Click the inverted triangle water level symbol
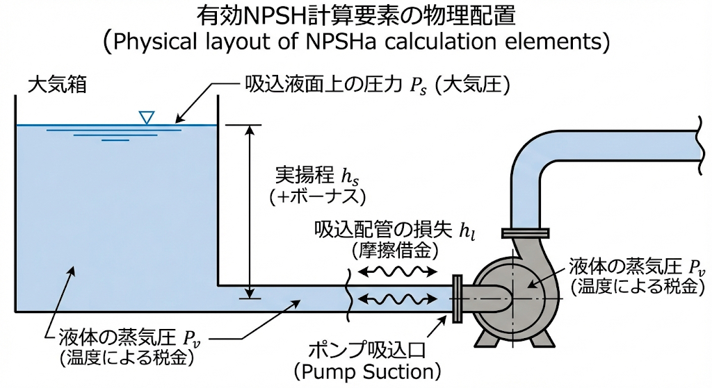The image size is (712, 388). coord(145,117)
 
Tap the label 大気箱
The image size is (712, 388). coord(57,86)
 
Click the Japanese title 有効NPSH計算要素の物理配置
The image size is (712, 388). coord(355,15)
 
